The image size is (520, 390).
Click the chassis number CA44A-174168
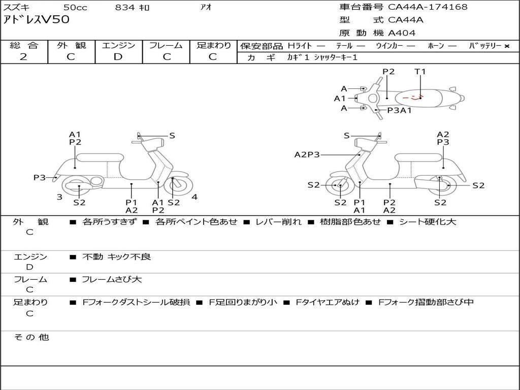[428, 7]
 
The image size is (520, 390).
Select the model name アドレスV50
[37, 20]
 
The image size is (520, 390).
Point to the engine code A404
[402, 33]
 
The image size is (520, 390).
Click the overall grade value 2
[23, 56]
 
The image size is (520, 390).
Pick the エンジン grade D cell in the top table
[118, 56]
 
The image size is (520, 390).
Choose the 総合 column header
[24, 45]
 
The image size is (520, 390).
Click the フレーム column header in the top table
[166, 45]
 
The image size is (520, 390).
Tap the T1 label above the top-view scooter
[420, 72]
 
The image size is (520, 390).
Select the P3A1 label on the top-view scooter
[399, 110]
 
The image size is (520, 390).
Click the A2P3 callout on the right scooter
[307, 155]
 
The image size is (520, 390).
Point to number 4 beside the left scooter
[194, 197]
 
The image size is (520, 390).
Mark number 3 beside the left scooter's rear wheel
[59, 197]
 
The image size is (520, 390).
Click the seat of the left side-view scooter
[100, 157]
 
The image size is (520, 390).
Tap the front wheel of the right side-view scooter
[340, 186]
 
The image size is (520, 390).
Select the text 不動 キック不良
[116, 257]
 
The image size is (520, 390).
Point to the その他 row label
[31, 337]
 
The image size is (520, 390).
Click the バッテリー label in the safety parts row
[485, 46]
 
